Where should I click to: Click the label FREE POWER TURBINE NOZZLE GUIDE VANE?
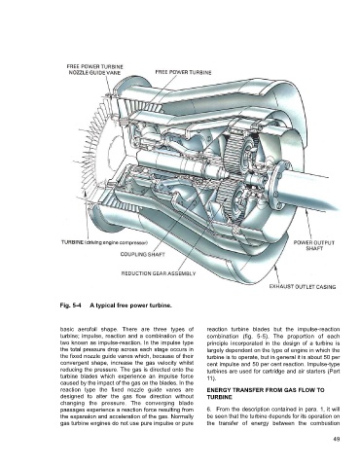(95, 69)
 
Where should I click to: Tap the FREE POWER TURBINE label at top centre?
(183, 72)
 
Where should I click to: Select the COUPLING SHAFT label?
(142, 254)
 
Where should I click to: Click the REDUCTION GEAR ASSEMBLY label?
(159, 273)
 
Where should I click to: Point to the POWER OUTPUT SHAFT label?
(314, 245)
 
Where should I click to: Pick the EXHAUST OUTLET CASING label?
(303, 287)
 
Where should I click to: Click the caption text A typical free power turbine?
(130, 305)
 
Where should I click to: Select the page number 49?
(336, 440)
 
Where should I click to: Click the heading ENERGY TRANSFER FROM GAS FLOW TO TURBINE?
(266, 393)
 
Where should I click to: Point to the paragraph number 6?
(209, 410)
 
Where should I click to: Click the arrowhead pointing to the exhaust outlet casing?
(275, 268)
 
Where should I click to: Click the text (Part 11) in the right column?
(273, 375)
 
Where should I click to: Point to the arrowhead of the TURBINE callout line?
(85, 193)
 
